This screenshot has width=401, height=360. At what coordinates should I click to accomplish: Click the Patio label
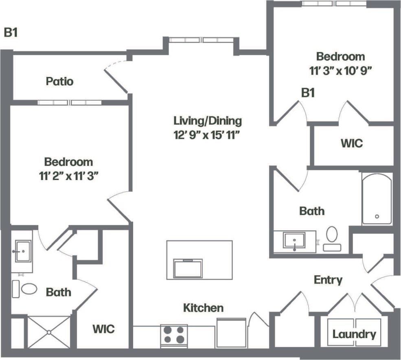(59, 81)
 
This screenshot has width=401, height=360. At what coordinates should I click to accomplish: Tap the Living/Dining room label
(208, 121)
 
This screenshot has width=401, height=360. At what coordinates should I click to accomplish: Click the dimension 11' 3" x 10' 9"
(341, 70)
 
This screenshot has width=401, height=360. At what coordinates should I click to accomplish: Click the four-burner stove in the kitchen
(174, 335)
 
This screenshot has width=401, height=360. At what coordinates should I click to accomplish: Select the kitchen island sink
(188, 268)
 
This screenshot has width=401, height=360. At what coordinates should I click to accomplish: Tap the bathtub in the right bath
(377, 199)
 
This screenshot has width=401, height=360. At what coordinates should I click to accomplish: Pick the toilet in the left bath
(29, 289)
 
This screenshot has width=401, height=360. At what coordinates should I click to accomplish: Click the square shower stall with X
(48, 332)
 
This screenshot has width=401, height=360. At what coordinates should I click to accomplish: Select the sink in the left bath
(22, 251)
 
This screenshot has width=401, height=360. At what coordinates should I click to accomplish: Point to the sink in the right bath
(295, 240)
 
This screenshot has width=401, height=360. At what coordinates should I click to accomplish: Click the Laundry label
(354, 334)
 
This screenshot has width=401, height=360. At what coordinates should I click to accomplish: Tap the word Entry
(328, 280)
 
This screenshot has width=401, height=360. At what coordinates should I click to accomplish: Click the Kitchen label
(203, 307)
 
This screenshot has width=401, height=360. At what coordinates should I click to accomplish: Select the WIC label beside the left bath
(103, 328)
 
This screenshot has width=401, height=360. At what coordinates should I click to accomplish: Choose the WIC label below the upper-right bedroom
(351, 143)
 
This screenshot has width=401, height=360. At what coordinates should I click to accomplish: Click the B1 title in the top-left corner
(11, 33)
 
